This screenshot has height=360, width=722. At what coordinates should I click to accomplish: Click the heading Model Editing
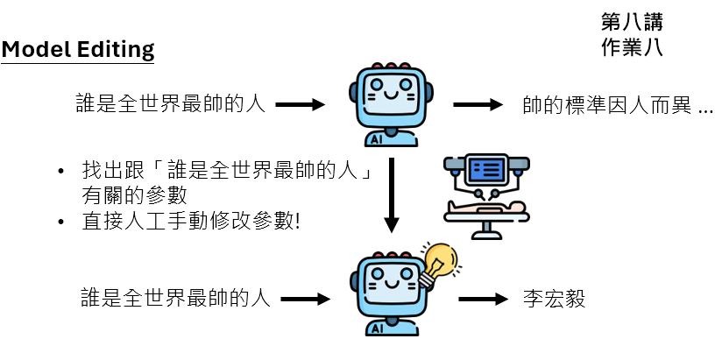point(77,50)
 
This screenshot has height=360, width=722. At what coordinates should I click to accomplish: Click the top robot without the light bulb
point(388,103)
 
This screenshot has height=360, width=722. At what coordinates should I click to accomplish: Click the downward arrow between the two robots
point(391,197)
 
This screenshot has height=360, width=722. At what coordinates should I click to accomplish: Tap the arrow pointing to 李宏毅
point(483,300)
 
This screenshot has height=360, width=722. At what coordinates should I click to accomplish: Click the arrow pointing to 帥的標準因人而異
point(478,105)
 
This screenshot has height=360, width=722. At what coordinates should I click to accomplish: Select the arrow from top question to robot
point(300,105)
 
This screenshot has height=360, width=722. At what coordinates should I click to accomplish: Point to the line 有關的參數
point(132,194)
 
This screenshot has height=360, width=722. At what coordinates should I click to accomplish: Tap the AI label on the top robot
point(377,138)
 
